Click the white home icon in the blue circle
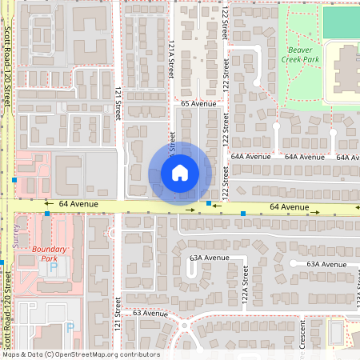click(x=180, y=173)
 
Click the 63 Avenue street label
click(x=150, y=313)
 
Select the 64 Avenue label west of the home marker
click(x=77, y=205)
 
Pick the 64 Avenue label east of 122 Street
click(x=289, y=207)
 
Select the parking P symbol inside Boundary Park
click(x=53, y=267)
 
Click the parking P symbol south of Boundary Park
click(x=69, y=326)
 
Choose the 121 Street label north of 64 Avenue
click(x=118, y=102)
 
